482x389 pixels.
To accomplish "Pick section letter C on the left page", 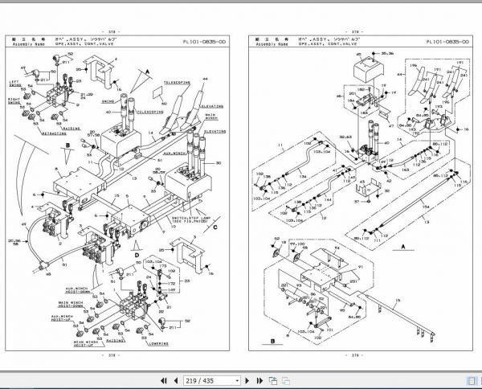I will tap(216, 227).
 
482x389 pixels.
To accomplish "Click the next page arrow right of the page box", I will tap(259, 380).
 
